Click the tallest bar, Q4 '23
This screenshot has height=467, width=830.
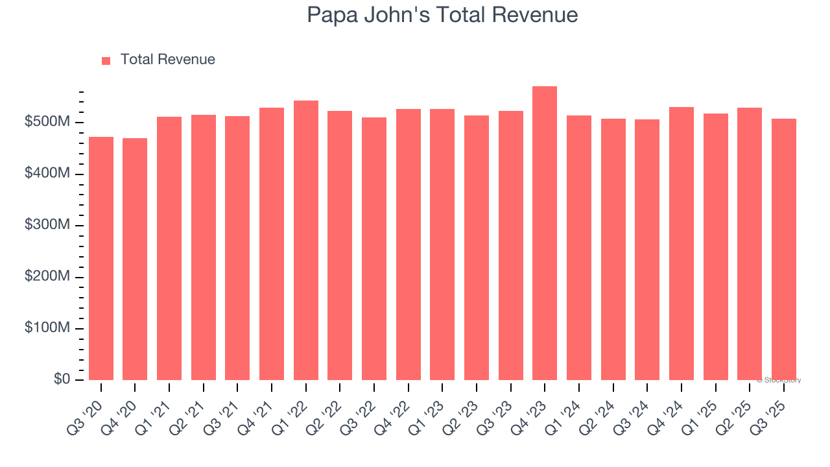coord(545,233)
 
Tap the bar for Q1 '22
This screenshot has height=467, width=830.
coord(306,240)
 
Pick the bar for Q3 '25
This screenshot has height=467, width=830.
coord(783,249)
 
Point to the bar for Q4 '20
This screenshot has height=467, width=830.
coord(135,259)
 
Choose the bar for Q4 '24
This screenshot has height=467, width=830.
coord(682,243)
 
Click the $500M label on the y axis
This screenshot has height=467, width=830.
coord(46,123)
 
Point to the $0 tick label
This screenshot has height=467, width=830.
coord(61,379)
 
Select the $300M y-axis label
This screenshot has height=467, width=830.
coord(46,225)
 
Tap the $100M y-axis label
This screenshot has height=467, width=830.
coord(46,328)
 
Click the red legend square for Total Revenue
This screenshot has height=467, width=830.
coord(106,60)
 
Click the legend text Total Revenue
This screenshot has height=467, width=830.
coord(167,60)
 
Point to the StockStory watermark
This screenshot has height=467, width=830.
coord(779,380)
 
